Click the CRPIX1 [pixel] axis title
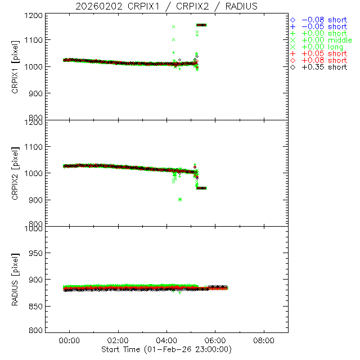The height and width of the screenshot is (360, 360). click(x=23, y=66)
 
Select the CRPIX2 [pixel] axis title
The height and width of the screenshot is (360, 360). click(x=23, y=173)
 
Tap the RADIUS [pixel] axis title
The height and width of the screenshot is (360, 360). click(x=23, y=279)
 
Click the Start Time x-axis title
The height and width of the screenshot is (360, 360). click(x=167, y=349)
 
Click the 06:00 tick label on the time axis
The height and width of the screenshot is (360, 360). click(x=215, y=340)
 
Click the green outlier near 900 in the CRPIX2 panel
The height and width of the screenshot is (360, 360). click(x=179, y=199)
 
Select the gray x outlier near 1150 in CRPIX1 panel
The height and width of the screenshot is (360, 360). click(x=174, y=26)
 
